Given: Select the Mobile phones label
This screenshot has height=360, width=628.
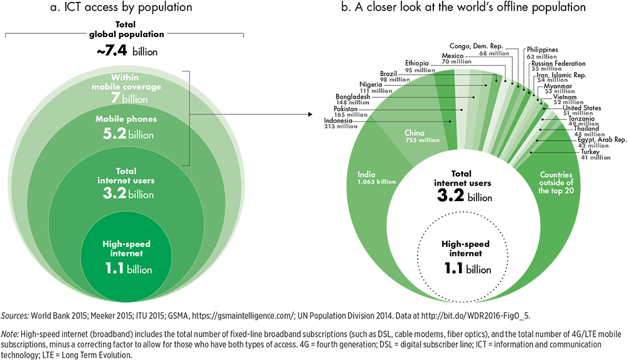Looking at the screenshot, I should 126,119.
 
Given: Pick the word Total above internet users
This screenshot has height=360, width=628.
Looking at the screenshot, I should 126,171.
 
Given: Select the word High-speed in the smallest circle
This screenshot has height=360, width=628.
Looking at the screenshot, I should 126,244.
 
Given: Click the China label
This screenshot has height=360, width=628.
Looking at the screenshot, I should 414,133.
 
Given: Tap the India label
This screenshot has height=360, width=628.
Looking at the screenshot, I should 367,175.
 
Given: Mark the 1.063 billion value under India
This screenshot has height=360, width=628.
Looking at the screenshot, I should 377,182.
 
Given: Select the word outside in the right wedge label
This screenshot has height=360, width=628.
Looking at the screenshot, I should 544,183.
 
